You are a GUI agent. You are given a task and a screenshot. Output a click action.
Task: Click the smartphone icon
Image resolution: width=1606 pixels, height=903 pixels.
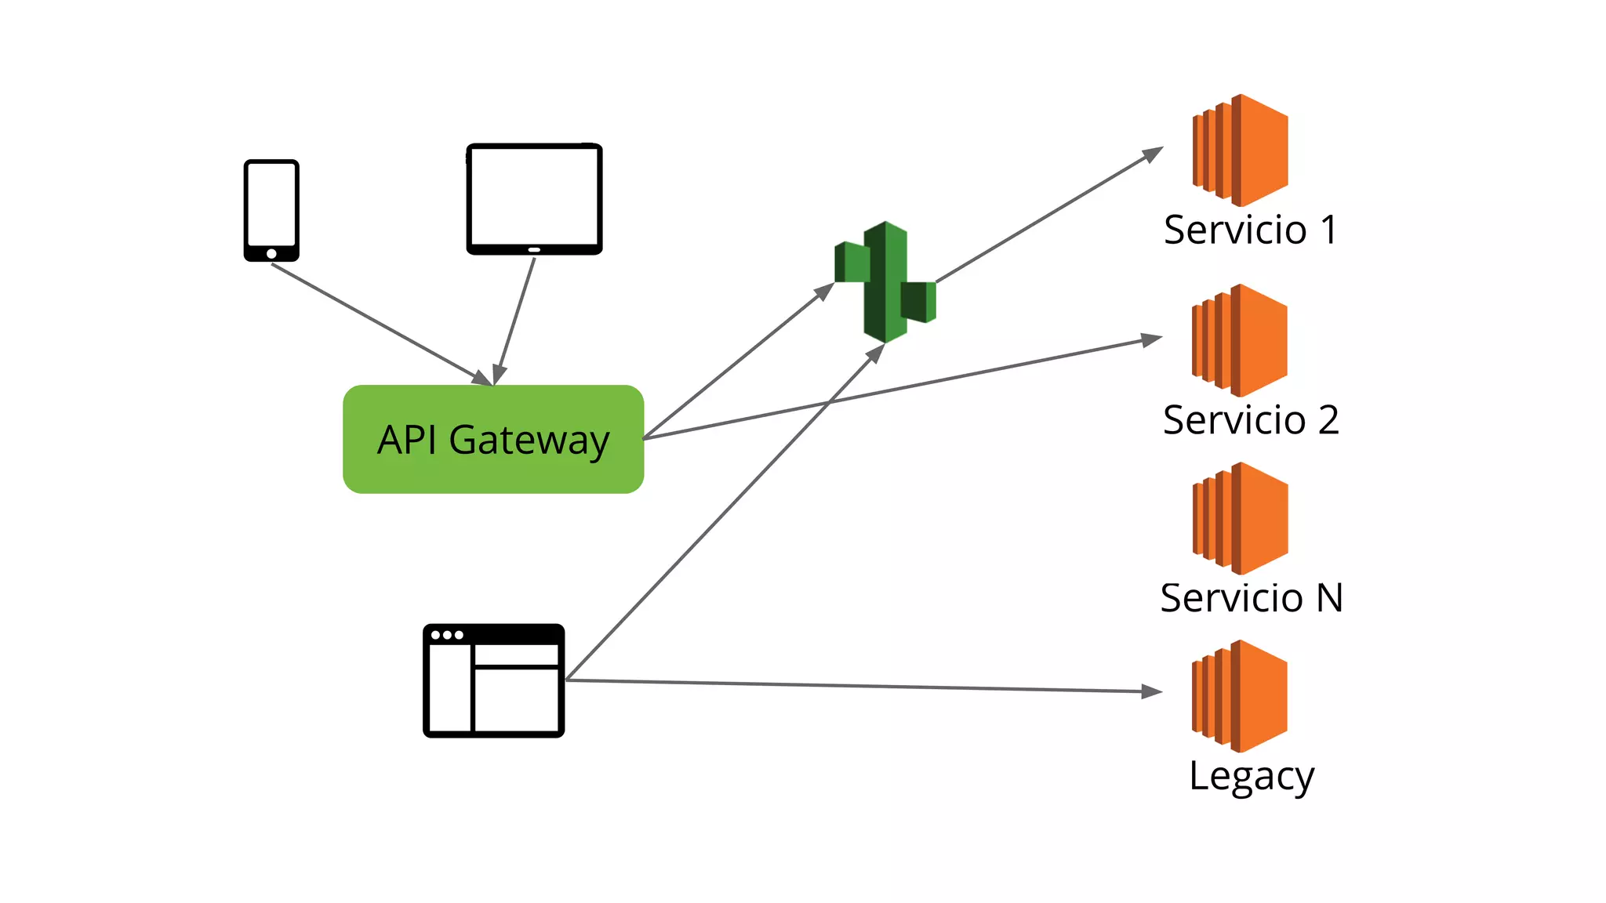[271, 210]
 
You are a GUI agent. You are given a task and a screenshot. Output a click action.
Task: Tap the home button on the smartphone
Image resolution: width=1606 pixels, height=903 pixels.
[271, 253]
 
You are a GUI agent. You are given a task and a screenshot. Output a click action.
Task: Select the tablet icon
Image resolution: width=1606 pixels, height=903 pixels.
[534, 198]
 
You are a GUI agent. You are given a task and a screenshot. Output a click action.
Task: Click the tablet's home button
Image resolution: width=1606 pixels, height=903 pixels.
[534, 249]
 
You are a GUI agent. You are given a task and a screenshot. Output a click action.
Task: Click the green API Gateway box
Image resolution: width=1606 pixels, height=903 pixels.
[493, 439]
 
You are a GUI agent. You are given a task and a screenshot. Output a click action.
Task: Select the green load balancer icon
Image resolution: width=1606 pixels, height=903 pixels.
[885, 282]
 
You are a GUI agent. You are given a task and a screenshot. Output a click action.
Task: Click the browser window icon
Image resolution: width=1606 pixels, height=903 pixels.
[493, 680]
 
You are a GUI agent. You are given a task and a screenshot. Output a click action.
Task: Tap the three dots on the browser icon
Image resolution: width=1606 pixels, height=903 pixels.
[447, 635]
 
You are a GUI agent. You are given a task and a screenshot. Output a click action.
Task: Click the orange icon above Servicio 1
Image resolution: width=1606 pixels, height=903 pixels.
[1241, 150]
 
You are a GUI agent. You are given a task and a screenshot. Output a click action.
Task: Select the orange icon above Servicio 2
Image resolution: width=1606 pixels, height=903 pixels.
[1240, 340]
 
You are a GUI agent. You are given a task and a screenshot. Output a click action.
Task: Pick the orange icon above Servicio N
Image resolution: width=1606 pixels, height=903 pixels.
[1241, 518]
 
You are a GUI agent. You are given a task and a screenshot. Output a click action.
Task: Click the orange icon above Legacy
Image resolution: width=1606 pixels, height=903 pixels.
[1240, 696]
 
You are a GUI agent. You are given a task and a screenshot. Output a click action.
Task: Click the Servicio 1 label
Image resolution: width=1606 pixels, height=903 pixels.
[1250, 230]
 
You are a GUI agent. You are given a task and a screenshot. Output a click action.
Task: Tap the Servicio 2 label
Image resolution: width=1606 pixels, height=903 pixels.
[1250, 420]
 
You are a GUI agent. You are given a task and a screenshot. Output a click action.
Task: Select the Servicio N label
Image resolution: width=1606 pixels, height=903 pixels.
[1252, 598]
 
